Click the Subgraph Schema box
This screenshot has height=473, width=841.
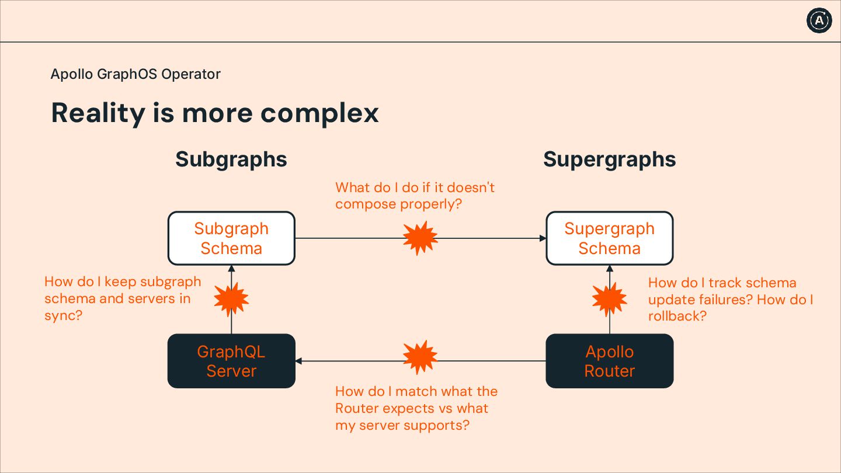(x=231, y=238)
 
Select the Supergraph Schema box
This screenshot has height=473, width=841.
(x=609, y=238)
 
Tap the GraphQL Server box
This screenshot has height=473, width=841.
(x=231, y=361)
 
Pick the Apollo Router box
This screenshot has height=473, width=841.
(x=609, y=361)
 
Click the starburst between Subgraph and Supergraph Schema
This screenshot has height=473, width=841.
(x=420, y=238)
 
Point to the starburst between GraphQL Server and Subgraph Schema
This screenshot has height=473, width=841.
(x=231, y=300)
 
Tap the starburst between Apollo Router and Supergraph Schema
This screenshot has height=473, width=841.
(x=609, y=300)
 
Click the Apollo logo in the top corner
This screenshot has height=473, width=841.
(x=819, y=20)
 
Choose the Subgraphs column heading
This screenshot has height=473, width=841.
(x=231, y=159)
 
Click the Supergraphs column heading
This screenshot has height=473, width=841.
(x=609, y=159)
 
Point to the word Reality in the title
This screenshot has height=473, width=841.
(x=98, y=113)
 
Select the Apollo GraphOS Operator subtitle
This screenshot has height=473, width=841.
(x=135, y=74)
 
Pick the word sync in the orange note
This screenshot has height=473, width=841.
(x=61, y=316)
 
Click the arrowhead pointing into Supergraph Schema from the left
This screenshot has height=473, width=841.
(x=543, y=238)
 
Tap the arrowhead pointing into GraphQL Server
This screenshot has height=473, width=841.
(x=299, y=361)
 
